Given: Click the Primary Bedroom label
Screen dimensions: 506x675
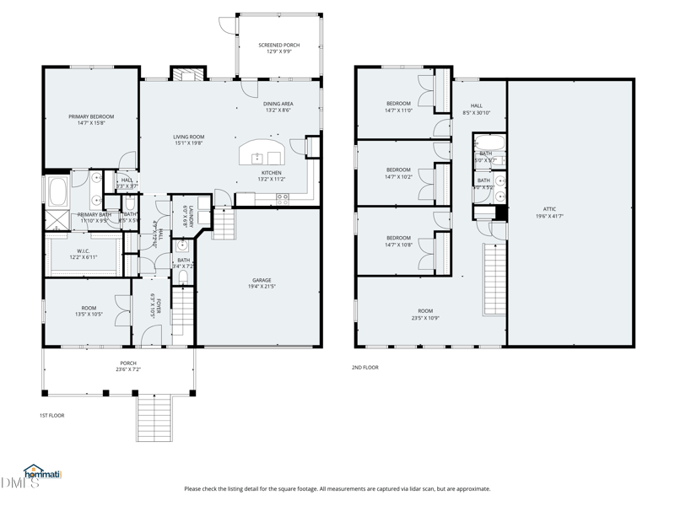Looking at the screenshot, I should click(x=91, y=116).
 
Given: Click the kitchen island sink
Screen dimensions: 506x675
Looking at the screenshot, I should click(x=262, y=158).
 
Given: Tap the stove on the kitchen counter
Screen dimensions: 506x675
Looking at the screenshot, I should click(x=283, y=199).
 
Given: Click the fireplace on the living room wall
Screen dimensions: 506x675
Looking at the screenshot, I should click(x=187, y=74).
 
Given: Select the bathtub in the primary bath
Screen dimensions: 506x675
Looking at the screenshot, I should click(x=58, y=191).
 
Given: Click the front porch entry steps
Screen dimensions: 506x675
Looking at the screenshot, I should click(x=154, y=418).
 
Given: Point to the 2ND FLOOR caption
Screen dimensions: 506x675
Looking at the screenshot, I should click(x=365, y=368).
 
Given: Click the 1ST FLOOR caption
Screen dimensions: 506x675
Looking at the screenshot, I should click(x=51, y=415).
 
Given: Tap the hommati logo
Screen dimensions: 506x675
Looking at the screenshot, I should click(x=42, y=473).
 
